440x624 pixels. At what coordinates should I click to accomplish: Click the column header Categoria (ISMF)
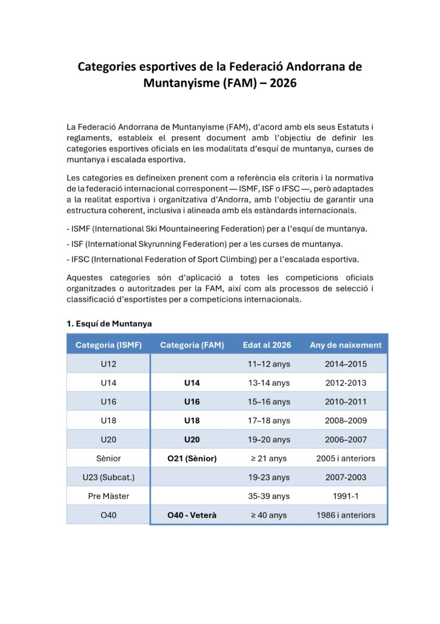pyautogui.click(x=108, y=345)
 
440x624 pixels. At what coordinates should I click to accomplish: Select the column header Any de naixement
pyautogui.click(x=346, y=345)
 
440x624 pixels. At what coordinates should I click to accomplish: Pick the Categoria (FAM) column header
pyautogui.click(x=192, y=345)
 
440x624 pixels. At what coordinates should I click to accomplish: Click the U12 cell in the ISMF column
pyautogui.click(x=108, y=364)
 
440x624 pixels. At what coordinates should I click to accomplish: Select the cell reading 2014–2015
pyautogui.click(x=346, y=364)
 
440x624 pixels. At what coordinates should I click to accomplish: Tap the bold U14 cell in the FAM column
pyautogui.click(x=192, y=383)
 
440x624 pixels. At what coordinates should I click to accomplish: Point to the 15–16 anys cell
pyautogui.click(x=270, y=402)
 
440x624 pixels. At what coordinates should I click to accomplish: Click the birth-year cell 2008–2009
pyautogui.click(x=346, y=420)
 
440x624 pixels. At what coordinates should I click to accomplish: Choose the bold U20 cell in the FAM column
pyautogui.click(x=192, y=439)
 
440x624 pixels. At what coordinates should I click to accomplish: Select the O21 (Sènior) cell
pyautogui.click(x=192, y=458)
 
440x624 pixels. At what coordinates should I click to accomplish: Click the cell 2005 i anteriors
pyautogui.click(x=346, y=458)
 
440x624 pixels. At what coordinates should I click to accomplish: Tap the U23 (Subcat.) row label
pyautogui.click(x=108, y=477)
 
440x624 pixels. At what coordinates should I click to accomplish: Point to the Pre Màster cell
pyautogui.click(x=108, y=496)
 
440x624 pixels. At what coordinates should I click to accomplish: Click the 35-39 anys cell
pyautogui.click(x=270, y=496)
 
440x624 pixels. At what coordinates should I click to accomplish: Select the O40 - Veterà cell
pyautogui.click(x=192, y=515)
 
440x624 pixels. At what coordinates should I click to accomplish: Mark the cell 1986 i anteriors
pyautogui.click(x=346, y=515)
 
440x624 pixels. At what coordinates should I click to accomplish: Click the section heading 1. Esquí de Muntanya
pyautogui.click(x=109, y=324)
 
